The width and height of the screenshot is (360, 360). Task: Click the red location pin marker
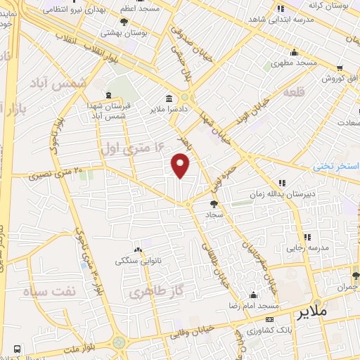181,166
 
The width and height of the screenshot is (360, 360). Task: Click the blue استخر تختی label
336,167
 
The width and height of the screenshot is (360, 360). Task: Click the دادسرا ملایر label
167,110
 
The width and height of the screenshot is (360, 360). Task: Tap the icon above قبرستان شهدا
107,95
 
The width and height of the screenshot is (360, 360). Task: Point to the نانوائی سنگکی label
138,260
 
